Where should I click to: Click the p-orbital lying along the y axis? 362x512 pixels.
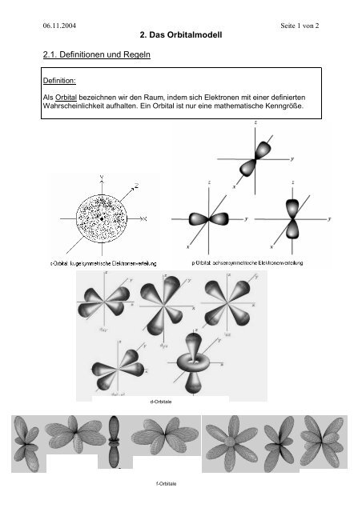[x=207, y=218]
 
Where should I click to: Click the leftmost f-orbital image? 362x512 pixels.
[x=30, y=442]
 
